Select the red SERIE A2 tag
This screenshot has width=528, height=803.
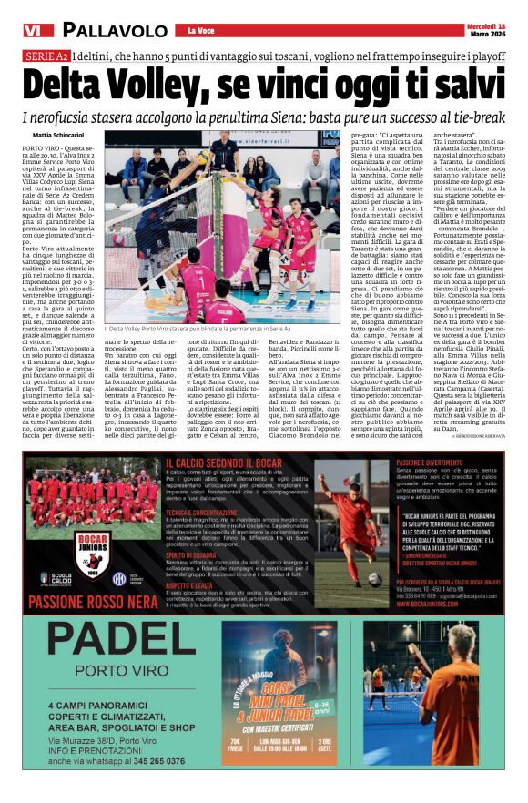(x=40, y=57)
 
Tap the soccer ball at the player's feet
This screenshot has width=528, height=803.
(x=374, y=577)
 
